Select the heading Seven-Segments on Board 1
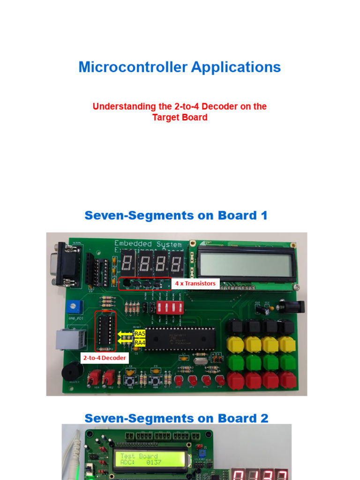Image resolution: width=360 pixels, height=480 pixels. (176, 216)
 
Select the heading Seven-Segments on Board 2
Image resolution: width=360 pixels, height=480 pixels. (176, 418)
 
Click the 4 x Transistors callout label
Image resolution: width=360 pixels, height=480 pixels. (195, 283)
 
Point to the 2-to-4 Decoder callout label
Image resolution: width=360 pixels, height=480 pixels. (105, 358)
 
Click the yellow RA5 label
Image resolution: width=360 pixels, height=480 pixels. (140, 334)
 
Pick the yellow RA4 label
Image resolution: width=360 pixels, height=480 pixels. (140, 343)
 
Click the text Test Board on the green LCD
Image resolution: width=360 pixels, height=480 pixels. (139, 456)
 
